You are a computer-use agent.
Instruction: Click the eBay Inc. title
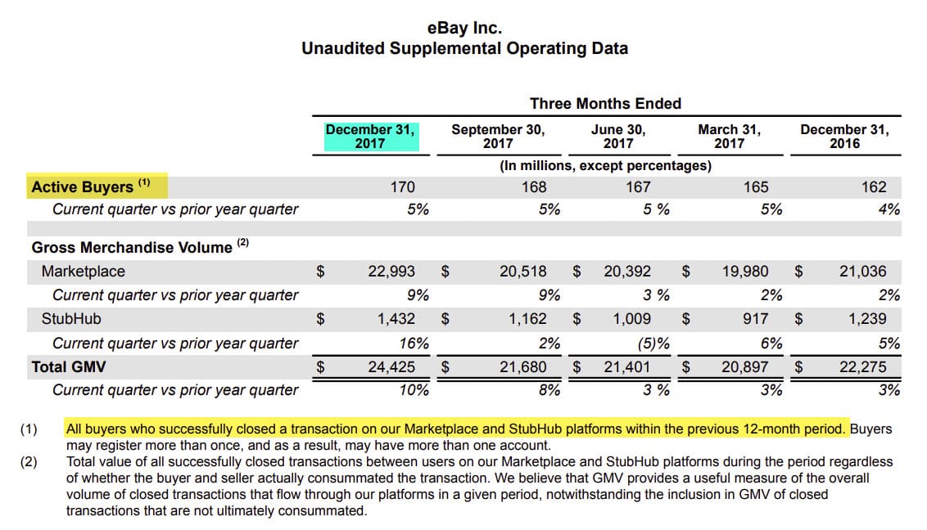click(464, 28)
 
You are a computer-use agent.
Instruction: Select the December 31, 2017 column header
click(370, 136)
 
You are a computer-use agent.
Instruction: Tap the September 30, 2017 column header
click(498, 136)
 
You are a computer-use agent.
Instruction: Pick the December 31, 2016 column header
click(844, 136)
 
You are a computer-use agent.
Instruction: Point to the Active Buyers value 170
click(402, 186)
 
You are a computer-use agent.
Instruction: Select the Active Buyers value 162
click(874, 186)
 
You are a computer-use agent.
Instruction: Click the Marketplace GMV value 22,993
click(391, 272)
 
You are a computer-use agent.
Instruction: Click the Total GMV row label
click(69, 367)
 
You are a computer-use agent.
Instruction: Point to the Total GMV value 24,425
click(391, 367)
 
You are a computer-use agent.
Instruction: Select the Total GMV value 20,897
click(744, 367)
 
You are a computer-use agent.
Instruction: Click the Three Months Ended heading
click(605, 103)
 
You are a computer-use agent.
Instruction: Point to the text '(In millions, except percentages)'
click(605, 165)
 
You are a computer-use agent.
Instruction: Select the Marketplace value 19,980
click(744, 272)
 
